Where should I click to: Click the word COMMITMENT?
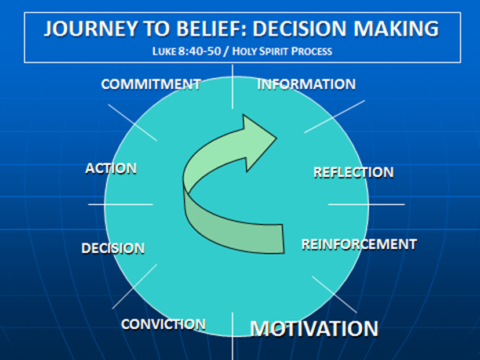click(x=151, y=84)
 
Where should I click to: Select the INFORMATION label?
click(x=306, y=84)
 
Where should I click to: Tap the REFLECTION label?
click(x=353, y=172)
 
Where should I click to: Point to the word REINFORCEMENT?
click(x=358, y=243)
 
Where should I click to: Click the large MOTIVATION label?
click(x=313, y=328)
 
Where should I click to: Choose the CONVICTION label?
click(x=163, y=324)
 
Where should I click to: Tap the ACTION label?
click(x=111, y=168)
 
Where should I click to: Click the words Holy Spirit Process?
click(x=299, y=48)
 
